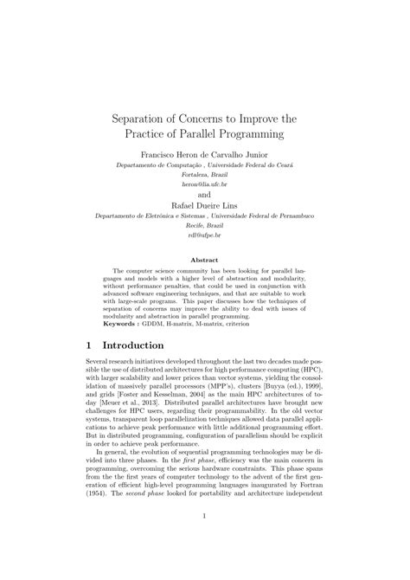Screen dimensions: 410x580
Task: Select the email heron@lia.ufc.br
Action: [x=204, y=184]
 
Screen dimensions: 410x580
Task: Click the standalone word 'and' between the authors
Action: [x=204, y=196]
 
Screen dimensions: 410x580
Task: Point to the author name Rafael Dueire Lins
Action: [x=204, y=207]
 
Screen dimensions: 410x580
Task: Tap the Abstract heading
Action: [x=204, y=259]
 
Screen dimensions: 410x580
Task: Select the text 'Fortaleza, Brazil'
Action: [x=204, y=173]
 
